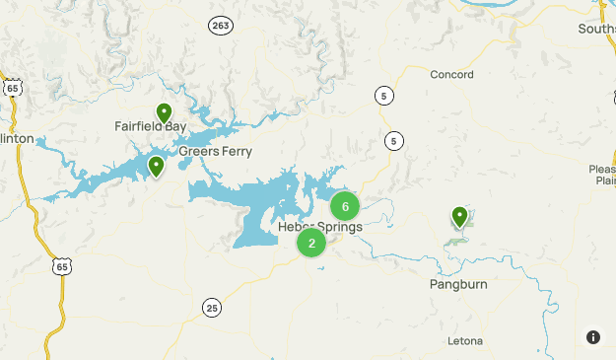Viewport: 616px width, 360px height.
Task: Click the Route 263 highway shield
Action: (220, 25)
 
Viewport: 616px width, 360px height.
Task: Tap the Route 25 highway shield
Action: (211, 308)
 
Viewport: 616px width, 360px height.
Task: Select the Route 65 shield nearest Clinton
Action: (12, 88)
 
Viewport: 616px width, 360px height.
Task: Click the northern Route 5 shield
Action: (383, 95)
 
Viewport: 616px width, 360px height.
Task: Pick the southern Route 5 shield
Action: (394, 141)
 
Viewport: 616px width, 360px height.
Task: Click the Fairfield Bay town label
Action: (150, 127)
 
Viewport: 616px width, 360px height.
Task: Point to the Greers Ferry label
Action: (215, 152)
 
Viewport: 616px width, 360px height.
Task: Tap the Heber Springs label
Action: (320, 227)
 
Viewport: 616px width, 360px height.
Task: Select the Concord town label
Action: (452, 75)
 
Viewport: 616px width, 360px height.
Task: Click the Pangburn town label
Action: (458, 284)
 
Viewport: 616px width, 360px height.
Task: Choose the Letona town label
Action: (464, 341)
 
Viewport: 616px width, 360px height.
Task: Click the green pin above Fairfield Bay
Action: (165, 113)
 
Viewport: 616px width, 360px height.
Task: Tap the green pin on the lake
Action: (156, 166)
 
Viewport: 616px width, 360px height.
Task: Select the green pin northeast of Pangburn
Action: (459, 216)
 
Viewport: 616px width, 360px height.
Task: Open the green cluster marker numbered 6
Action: (345, 206)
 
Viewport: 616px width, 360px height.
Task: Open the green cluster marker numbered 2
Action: (311, 243)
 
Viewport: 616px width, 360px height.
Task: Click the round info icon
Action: (593, 337)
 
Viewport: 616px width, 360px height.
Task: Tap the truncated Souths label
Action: (597, 29)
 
